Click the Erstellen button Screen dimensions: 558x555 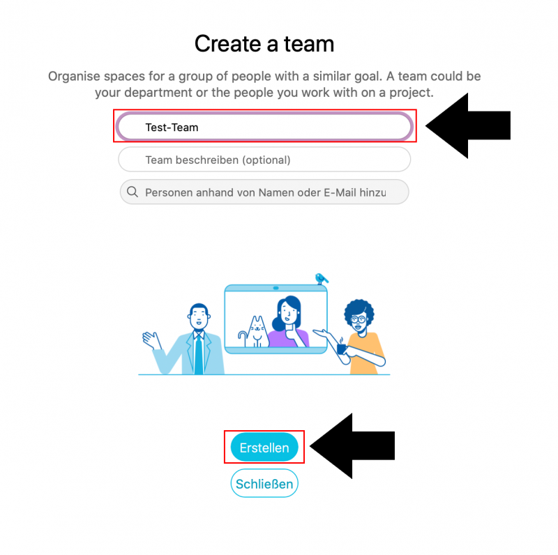264,447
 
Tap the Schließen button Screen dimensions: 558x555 264,483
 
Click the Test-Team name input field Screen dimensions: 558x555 264,126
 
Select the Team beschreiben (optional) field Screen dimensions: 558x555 264,160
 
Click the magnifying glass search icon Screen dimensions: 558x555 133,192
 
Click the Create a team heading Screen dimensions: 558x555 264,44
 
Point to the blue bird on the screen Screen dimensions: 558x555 322,278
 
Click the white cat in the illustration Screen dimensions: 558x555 256,332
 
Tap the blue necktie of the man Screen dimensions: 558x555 199,353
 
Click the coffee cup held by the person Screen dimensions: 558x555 341,347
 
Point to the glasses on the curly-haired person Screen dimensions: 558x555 358,319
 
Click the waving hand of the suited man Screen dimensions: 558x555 151,340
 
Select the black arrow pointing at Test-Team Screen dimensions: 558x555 468,126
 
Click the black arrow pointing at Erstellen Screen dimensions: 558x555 352,446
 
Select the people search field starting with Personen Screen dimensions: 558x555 264,192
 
